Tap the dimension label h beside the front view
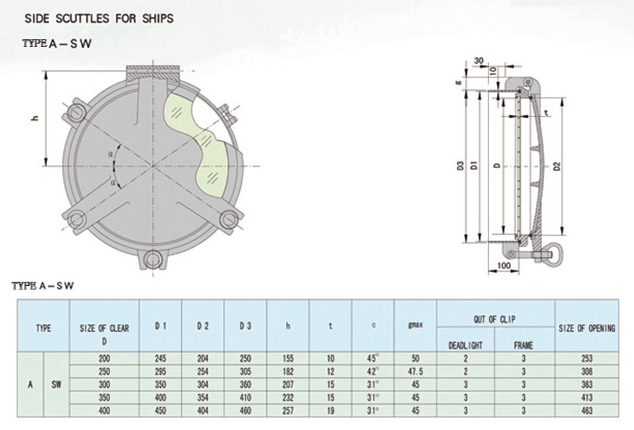33,117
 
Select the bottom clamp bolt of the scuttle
150,261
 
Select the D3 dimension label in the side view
460,167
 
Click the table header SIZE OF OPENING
587,328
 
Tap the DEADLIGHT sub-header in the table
465,345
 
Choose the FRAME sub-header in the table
524,345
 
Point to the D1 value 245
160,358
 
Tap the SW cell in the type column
56,384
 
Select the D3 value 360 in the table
245,385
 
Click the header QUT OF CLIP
495,319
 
